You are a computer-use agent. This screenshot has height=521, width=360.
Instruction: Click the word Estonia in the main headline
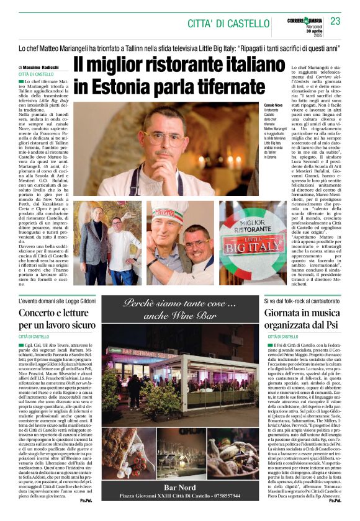point(115,86)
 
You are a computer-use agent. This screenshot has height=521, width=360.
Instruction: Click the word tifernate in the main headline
point(222,86)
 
